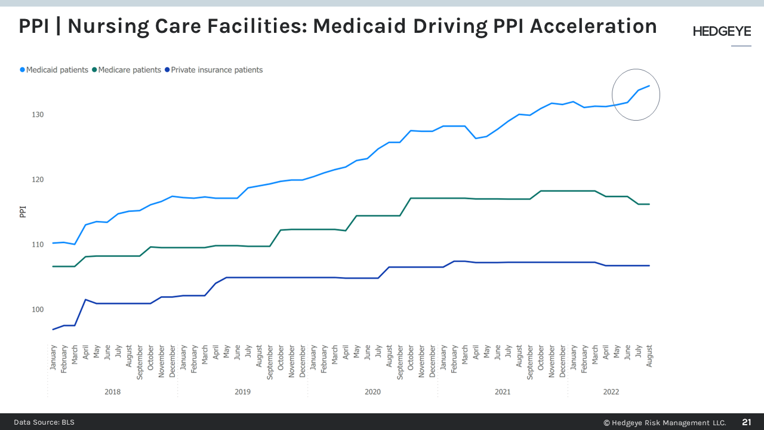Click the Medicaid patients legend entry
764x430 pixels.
57,70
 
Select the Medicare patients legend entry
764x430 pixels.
129,70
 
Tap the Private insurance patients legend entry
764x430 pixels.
216,70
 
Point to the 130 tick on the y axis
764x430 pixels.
37,115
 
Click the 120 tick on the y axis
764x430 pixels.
37,180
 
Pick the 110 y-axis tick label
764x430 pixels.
37,245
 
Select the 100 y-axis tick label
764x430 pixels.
37,310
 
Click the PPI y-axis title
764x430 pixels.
23,212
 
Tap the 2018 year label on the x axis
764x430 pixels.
112,392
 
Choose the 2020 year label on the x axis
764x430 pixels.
372,392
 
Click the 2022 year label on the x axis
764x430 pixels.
611,392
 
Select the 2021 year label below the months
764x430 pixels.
503,392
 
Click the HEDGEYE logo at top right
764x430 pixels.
722,32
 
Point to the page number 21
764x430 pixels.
747,422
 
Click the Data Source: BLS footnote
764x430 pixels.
44,422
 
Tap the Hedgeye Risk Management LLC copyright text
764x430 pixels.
664,422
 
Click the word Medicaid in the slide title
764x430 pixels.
357,26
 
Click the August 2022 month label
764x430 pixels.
649,357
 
